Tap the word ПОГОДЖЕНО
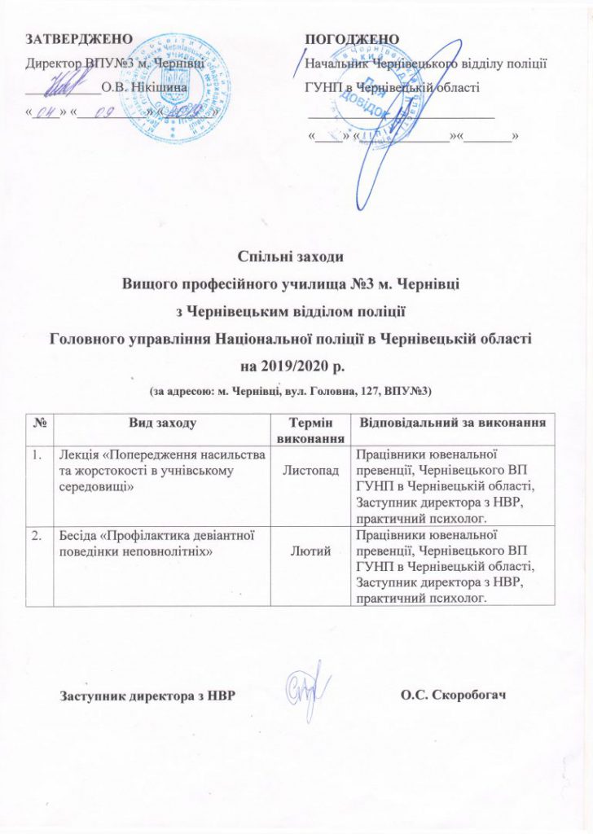coord(352,39)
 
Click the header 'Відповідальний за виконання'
coord(452,424)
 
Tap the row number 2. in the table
coord(37,533)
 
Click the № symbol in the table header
coord(38,424)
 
